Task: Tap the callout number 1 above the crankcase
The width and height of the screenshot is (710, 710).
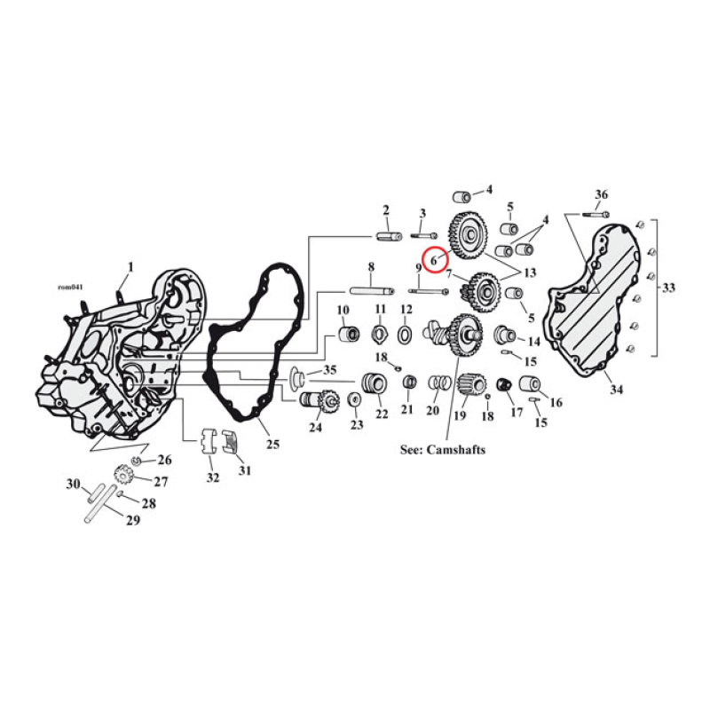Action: click(130, 266)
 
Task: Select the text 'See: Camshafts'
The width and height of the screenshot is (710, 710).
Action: click(442, 450)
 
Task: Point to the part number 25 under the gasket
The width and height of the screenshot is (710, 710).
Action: click(272, 443)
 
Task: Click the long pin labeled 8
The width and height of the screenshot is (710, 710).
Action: click(371, 289)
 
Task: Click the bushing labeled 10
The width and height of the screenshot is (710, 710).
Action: click(347, 336)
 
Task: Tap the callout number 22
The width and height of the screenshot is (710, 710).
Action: click(381, 414)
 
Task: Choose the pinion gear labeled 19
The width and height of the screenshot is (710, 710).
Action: click(469, 385)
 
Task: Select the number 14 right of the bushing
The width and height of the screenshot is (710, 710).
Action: click(533, 342)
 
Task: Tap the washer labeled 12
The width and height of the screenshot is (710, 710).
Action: click(406, 335)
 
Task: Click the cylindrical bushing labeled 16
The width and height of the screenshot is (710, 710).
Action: click(530, 384)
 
